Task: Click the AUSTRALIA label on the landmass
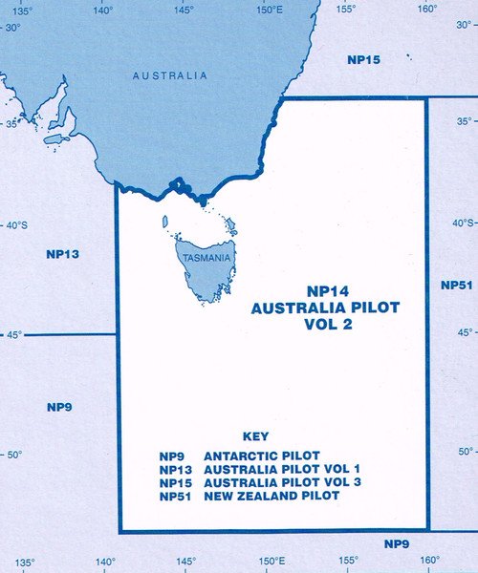(169, 74)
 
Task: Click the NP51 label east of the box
(456, 285)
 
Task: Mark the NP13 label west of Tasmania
(62, 254)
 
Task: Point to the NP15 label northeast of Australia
(363, 59)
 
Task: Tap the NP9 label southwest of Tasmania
(59, 407)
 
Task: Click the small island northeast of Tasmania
(230, 226)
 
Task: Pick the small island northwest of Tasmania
(165, 223)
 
